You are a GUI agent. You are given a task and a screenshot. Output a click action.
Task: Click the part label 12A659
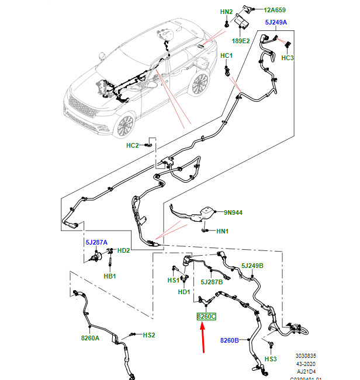click(x=274, y=9)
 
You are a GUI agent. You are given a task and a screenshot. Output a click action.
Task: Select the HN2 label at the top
click(x=226, y=12)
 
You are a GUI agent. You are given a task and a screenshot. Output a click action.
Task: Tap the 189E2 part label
click(x=242, y=41)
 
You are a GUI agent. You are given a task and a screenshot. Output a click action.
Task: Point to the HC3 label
click(x=288, y=58)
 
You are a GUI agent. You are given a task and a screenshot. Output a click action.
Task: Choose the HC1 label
click(x=227, y=55)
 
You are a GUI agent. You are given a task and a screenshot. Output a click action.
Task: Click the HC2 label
click(x=133, y=145)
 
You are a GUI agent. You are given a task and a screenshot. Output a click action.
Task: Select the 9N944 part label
click(x=233, y=213)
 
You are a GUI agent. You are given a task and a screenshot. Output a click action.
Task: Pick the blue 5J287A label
click(x=97, y=241)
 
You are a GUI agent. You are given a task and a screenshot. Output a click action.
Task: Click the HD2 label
click(x=124, y=250)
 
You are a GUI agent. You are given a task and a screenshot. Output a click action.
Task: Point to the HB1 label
click(x=110, y=276)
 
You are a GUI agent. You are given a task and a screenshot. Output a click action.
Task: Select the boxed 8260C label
click(x=206, y=316)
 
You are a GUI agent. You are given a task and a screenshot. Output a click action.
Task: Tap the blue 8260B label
click(x=230, y=340)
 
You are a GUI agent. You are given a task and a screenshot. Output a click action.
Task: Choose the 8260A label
click(x=91, y=337)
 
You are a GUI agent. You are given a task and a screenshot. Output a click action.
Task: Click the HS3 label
click(x=271, y=359)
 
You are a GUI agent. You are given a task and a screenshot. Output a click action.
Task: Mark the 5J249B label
click(x=252, y=266)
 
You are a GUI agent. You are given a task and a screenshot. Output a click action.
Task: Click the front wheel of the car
click(x=124, y=126)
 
